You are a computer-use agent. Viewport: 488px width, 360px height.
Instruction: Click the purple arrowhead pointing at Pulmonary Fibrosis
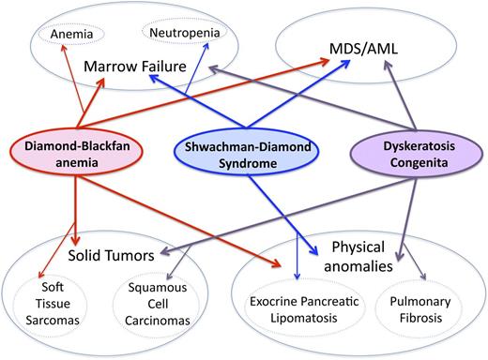(423, 277)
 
